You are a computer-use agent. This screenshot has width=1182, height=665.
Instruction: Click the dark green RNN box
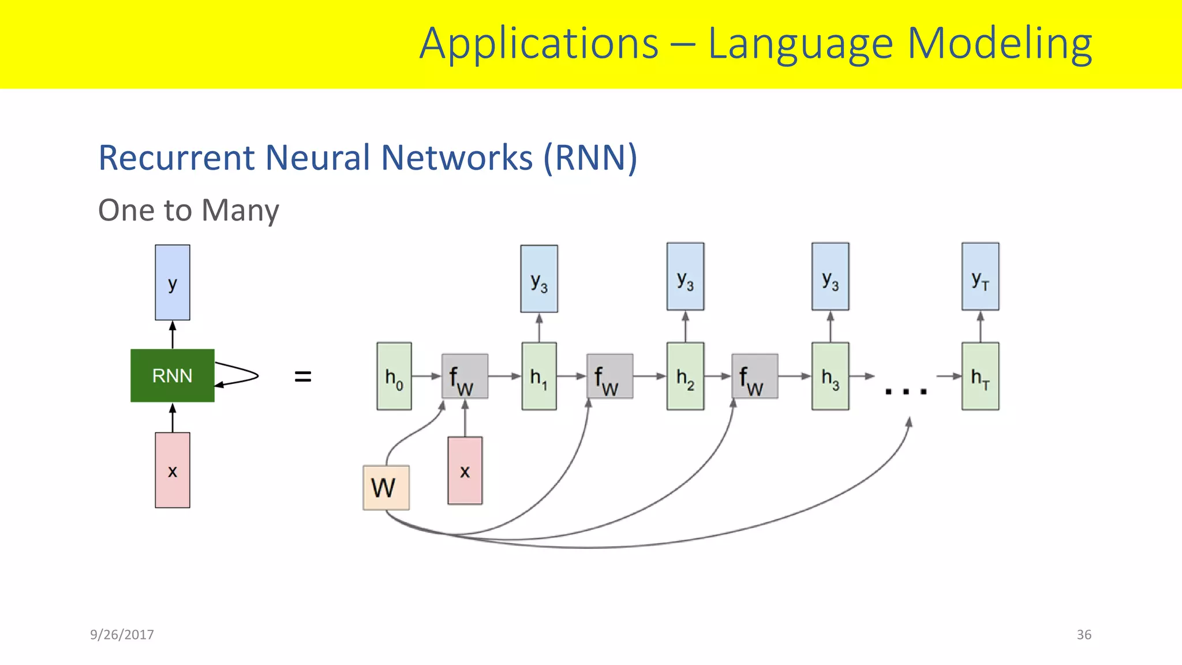(x=172, y=375)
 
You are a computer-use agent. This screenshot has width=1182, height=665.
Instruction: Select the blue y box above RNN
(x=172, y=282)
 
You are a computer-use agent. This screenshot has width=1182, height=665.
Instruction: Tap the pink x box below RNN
(x=172, y=470)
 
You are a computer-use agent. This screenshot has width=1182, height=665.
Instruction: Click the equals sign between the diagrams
(x=302, y=376)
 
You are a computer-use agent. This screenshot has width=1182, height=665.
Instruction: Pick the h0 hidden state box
(x=394, y=376)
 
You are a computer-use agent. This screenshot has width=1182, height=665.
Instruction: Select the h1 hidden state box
(x=539, y=376)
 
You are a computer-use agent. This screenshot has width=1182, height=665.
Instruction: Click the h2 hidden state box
(x=685, y=376)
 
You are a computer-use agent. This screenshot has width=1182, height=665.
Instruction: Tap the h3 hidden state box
(x=830, y=376)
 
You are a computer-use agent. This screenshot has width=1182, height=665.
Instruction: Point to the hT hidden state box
(x=980, y=376)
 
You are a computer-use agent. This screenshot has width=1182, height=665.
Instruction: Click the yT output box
(x=980, y=277)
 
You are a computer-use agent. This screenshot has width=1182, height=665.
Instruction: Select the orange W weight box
(x=386, y=488)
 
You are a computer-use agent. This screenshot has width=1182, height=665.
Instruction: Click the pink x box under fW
(x=465, y=470)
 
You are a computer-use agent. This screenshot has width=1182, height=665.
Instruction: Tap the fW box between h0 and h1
(x=465, y=376)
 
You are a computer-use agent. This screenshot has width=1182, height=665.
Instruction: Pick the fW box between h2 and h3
(x=754, y=376)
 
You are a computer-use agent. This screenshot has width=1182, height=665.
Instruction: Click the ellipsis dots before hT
(x=906, y=391)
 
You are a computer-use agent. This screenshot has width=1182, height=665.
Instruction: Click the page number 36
(x=1084, y=634)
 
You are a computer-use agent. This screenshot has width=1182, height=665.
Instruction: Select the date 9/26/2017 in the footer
(x=122, y=634)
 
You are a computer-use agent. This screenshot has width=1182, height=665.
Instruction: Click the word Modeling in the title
(x=999, y=44)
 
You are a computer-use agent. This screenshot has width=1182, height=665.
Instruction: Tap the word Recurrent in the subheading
(x=176, y=158)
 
